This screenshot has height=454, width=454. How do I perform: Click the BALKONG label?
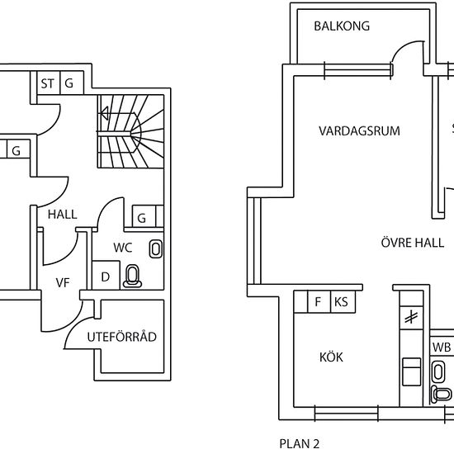(x=342, y=26)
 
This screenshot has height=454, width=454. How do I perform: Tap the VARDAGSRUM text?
(x=359, y=131)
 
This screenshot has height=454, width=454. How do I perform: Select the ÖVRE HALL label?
(x=412, y=243)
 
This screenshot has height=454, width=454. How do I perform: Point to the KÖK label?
(x=331, y=357)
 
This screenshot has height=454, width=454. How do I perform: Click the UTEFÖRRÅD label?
(x=122, y=337)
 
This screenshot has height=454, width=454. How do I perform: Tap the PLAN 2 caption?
(x=299, y=443)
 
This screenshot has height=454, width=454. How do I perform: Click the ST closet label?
(x=47, y=83)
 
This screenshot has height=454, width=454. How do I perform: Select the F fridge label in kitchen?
(x=318, y=301)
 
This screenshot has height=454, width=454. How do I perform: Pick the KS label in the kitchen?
(x=341, y=301)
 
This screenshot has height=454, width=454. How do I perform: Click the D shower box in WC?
(x=106, y=275)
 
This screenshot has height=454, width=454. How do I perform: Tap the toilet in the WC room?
(x=132, y=277)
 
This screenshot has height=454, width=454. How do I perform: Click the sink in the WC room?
(x=156, y=248)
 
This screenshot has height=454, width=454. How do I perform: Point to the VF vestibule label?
(x=63, y=282)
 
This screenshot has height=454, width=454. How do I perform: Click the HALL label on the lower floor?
(x=63, y=215)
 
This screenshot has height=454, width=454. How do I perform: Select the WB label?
(x=442, y=348)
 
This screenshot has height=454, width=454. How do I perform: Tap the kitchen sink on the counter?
(x=412, y=371)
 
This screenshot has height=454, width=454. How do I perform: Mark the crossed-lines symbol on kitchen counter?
(x=411, y=317)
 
